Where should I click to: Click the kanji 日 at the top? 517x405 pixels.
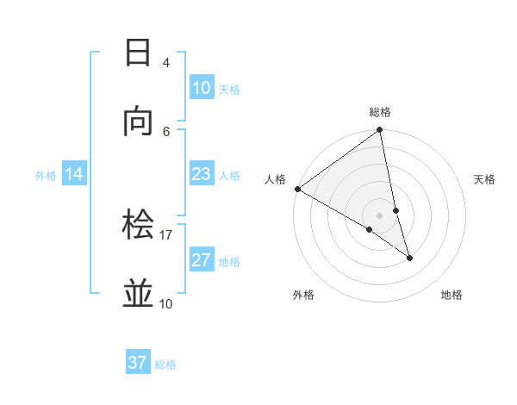[139, 53]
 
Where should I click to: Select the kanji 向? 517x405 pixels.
[139, 121]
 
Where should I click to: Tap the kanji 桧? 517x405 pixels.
[139, 225]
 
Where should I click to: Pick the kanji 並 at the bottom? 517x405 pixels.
[139, 293]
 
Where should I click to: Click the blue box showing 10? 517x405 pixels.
[201, 88]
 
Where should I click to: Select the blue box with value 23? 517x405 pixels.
[201, 175]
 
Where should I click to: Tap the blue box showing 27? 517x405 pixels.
[201, 260]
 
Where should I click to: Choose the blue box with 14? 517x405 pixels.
[74, 175]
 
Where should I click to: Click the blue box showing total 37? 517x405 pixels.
[138, 363]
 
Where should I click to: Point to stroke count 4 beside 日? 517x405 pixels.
[166, 62]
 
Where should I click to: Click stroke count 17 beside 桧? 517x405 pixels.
[166, 234]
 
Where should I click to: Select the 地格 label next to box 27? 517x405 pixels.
[229, 262]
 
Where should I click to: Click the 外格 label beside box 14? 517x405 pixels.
[46, 176]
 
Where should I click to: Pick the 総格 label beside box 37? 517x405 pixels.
[165, 364]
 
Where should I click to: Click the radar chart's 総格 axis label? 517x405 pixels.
[380, 112]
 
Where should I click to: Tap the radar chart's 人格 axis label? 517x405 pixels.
[275, 179]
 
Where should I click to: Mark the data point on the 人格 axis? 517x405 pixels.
[297, 189]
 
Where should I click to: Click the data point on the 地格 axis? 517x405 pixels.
[409, 258]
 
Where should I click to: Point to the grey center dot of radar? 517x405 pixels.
[380, 215]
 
